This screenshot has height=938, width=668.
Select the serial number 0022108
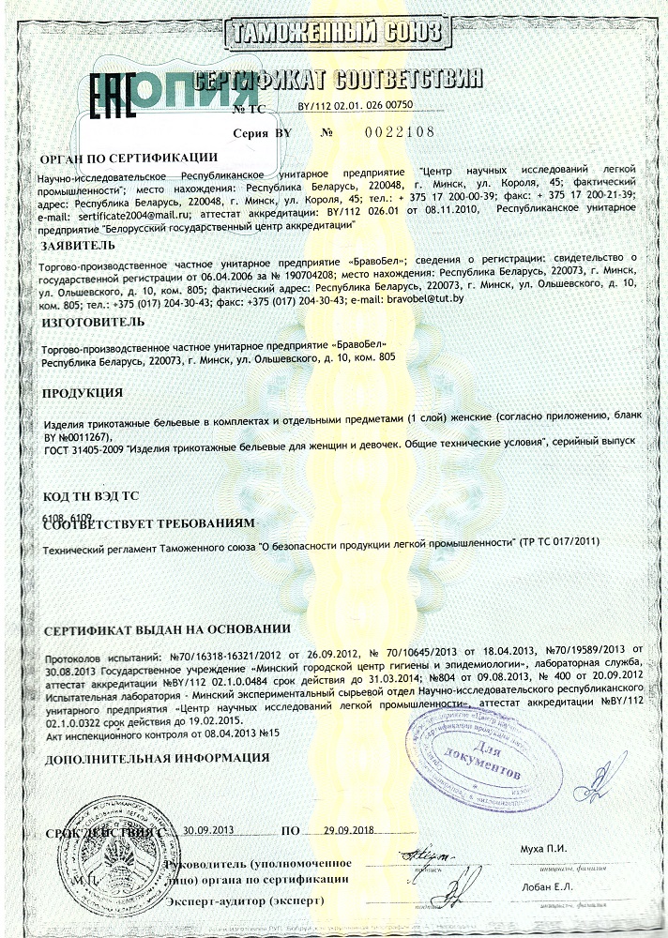(x=400, y=132)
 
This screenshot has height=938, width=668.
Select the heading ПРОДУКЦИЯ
(x=83, y=392)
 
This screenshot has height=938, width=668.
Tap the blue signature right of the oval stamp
(x=599, y=775)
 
